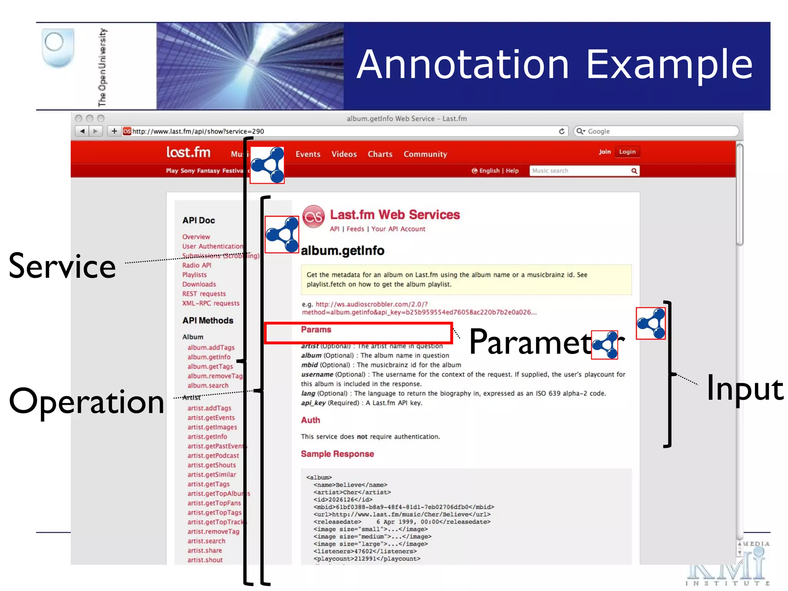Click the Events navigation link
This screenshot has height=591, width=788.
click(x=308, y=154)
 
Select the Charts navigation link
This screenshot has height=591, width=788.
click(x=380, y=154)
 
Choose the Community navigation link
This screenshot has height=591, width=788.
click(x=425, y=154)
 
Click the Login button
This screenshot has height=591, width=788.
click(x=627, y=152)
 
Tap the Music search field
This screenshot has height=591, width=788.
click(x=579, y=171)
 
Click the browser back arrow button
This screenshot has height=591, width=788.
click(x=82, y=131)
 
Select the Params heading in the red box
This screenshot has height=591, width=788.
click(x=316, y=330)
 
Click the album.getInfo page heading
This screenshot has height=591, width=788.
click(x=342, y=251)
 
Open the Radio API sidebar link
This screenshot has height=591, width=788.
click(x=197, y=265)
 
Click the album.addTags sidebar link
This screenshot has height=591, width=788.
click(x=211, y=347)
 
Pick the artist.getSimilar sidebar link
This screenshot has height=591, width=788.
click(x=212, y=474)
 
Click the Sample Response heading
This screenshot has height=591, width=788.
click(x=337, y=454)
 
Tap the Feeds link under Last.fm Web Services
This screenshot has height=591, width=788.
click(x=355, y=229)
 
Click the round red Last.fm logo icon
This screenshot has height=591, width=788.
click(x=314, y=217)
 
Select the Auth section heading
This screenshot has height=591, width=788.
click(x=310, y=420)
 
